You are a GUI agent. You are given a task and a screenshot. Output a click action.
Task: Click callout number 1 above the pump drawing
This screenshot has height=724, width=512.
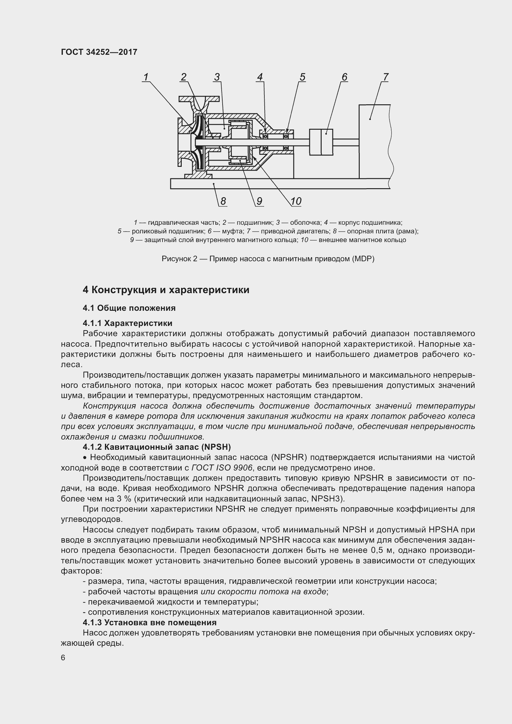coord(146,77)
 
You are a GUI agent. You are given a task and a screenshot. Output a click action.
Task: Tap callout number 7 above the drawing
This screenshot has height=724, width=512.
coord(386,77)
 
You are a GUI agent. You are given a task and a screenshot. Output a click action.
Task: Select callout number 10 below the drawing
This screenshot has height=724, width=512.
coord(296,201)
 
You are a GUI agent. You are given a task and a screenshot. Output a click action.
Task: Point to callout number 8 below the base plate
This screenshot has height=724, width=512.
coord(223,201)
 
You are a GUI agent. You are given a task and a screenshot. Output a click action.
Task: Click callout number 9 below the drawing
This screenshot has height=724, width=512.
coord(259,201)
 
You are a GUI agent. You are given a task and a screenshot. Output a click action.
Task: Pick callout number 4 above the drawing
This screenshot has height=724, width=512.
coord(260,77)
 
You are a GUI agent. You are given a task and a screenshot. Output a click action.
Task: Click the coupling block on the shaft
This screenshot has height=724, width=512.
coord(321,142)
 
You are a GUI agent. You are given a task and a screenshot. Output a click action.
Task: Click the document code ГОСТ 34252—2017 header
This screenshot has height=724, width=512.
coord(99,52)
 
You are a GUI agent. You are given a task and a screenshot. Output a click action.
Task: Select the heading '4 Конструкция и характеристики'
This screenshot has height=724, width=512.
coord(166,290)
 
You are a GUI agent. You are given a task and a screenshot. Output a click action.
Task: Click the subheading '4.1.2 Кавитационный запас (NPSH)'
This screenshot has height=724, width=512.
coord(157,447)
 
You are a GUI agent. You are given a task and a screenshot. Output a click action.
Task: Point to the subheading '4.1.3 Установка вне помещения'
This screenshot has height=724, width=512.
coord(150,622)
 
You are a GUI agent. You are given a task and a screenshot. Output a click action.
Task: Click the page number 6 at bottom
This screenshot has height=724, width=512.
coord(63,658)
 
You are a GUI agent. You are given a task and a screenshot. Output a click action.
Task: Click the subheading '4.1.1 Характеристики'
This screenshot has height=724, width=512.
coord(127,323)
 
